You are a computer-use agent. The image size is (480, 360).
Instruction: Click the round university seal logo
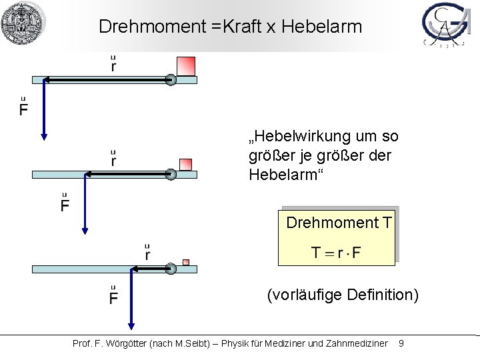point(22,23)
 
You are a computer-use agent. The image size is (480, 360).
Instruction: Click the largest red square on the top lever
point(185,66)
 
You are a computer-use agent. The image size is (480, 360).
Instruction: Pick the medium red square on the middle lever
point(186,164)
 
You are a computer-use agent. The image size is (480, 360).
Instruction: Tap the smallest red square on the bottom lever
point(187,262)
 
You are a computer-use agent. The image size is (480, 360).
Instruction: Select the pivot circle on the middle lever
point(171,175)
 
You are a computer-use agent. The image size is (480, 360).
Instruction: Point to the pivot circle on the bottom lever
point(171,269)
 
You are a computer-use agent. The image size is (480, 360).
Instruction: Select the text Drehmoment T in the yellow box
point(339,223)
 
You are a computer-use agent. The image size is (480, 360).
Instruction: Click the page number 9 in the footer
point(401,344)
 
